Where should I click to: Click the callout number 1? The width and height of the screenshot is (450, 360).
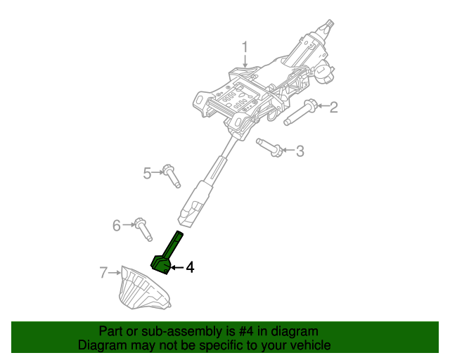[245, 47]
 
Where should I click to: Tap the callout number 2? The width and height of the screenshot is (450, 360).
[334, 107]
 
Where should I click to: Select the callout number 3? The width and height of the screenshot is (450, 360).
[300, 150]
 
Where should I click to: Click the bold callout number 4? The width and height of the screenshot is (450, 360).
[189, 267]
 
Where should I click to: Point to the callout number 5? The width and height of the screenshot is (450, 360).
[148, 172]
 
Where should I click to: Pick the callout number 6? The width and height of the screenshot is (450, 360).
[117, 225]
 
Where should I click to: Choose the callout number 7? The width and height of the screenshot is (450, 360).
[103, 271]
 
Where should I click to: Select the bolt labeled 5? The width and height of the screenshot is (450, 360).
[171, 175]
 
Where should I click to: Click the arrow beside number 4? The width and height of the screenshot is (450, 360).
[176, 267]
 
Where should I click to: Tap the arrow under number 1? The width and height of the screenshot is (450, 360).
[245, 62]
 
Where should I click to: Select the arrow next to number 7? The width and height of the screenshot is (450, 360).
[114, 271]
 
